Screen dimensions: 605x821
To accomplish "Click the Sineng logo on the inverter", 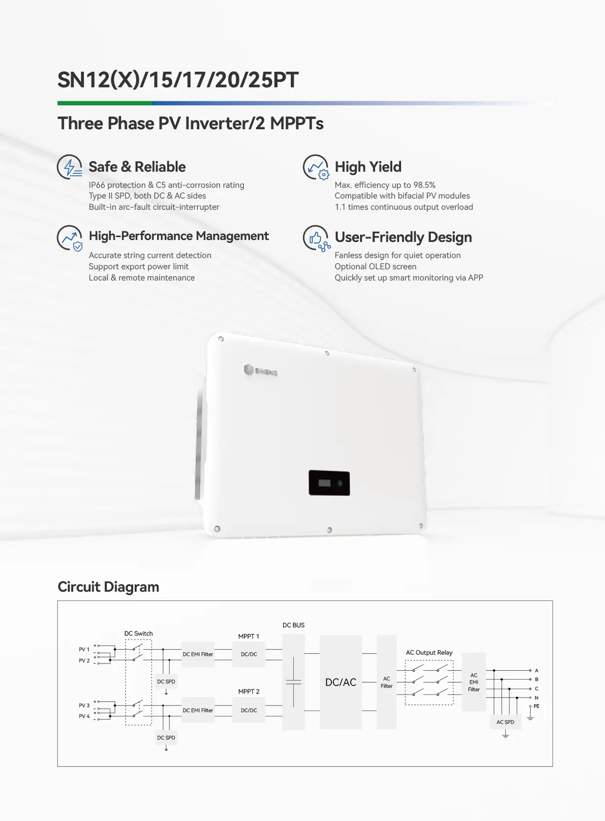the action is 261,371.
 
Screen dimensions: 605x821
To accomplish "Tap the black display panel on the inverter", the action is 329,483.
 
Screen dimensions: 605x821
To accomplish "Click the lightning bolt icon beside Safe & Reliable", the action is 70,167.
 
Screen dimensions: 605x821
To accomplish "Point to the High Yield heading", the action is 368,167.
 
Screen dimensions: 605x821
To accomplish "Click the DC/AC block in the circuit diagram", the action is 341,682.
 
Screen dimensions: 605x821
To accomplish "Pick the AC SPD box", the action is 505,722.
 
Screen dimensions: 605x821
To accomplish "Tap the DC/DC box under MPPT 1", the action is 249,654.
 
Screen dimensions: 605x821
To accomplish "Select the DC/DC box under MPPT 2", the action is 249,710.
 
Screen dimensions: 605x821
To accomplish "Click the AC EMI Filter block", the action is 474,682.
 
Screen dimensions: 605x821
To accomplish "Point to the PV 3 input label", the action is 84,705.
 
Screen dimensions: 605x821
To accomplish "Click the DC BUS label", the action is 293,625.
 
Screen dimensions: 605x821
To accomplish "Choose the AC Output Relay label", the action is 429,652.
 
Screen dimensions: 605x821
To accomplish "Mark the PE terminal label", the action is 537,706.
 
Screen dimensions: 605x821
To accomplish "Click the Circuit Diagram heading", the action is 108,586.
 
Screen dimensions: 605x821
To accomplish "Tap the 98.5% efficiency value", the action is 424,185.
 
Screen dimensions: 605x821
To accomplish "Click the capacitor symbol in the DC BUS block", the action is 293,682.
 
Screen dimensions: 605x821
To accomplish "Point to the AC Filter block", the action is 386,682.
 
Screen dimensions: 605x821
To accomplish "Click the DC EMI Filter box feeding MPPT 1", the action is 198,654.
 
